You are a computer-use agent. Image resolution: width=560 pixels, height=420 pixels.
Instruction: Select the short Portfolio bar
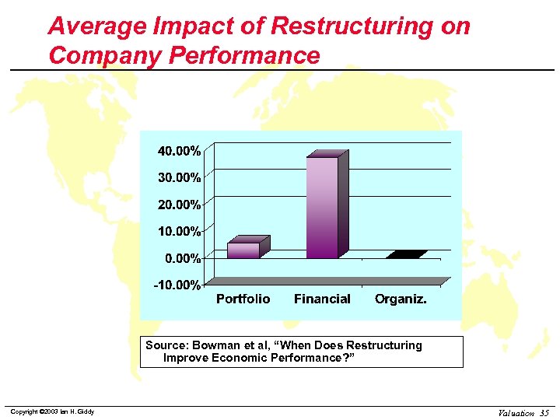[x=243, y=250]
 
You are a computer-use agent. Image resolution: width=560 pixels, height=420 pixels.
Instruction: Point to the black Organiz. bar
[x=405, y=254]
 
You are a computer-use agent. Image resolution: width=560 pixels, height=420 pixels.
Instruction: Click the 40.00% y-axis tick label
[x=180, y=149]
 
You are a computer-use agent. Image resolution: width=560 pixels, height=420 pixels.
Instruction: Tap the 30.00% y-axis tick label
[x=180, y=177]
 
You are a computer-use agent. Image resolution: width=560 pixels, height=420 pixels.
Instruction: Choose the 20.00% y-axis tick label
[x=180, y=205]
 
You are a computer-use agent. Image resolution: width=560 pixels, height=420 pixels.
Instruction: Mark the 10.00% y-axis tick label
[x=180, y=231]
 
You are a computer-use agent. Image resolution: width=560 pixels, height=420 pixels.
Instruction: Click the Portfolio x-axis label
[x=243, y=299]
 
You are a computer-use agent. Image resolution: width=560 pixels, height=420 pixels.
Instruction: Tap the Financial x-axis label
[x=322, y=299]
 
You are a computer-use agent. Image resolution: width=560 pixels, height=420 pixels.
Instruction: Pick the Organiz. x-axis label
[x=401, y=299]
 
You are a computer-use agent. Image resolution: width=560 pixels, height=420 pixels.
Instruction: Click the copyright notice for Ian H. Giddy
[x=52, y=411]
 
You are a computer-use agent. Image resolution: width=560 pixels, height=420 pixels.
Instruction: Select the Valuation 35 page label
[x=523, y=412]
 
